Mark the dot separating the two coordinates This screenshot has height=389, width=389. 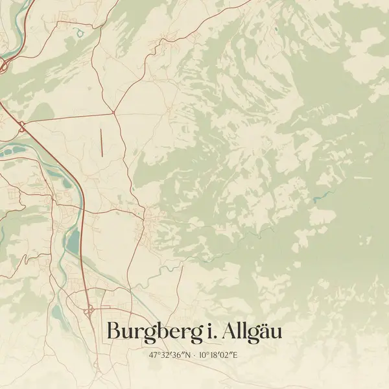coord(194,355)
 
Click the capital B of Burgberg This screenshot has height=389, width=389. coord(113,330)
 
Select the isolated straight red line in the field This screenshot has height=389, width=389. coord(102,141)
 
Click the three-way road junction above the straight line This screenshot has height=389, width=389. coord(114,113)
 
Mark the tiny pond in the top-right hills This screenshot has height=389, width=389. coord(276,29)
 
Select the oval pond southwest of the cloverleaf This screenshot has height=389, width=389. coord(57,317)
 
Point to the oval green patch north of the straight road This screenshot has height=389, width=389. coord(43,112)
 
